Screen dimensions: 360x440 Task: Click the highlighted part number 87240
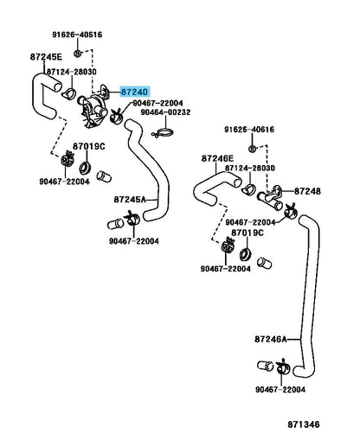pos(134,92)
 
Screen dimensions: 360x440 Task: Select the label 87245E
pos(46,57)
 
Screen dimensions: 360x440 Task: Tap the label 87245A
pos(130,200)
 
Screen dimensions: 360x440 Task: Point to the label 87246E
pos(217,158)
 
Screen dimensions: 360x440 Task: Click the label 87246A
pos(271,339)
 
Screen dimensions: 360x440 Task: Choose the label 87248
pos(307,191)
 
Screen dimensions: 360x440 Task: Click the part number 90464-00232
pos(165,112)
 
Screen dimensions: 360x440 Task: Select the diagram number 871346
pos(304,424)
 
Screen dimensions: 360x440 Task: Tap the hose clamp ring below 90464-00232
pos(163,133)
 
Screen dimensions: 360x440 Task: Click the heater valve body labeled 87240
pos(92,111)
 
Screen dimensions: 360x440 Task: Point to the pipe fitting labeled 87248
pos(271,199)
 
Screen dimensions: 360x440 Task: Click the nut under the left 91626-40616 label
pos(77,54)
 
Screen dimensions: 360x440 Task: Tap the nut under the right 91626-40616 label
pos(252,149)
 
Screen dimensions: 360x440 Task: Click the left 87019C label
pos(89,147)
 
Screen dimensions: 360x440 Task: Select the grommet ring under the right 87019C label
pos(246,254)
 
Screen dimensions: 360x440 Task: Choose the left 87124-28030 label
pos(72,72)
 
